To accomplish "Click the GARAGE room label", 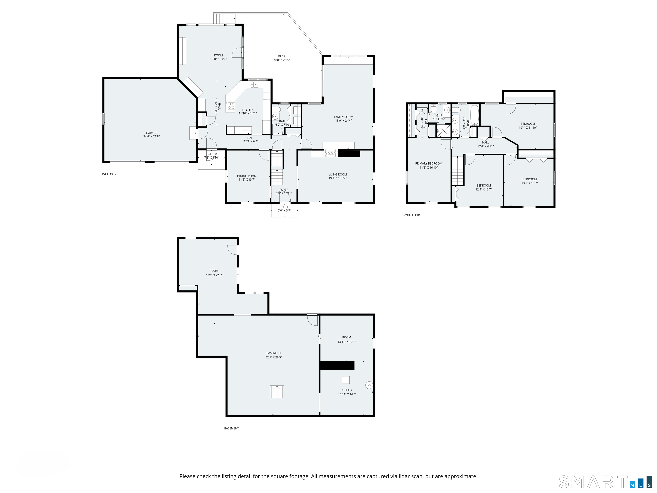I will point(151,133).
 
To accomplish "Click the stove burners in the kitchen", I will point(231,105).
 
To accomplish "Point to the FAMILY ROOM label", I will point(343,117).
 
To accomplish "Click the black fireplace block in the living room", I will point(349,153).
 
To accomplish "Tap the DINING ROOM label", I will point(247,176).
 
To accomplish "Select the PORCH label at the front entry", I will point(284,207).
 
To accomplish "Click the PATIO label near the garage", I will point(212,154).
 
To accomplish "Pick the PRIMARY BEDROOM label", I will point(429,163).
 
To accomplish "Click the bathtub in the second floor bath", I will point(475,115).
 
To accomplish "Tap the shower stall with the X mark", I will point(443,131).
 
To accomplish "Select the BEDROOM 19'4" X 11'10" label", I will point(527,124).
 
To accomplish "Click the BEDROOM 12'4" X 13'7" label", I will point(484,186).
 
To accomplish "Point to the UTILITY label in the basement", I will point(347,390).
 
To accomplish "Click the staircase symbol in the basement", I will point(277,392).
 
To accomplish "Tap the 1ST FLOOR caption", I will point(109,174).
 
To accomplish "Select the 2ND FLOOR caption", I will point(412,215).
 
